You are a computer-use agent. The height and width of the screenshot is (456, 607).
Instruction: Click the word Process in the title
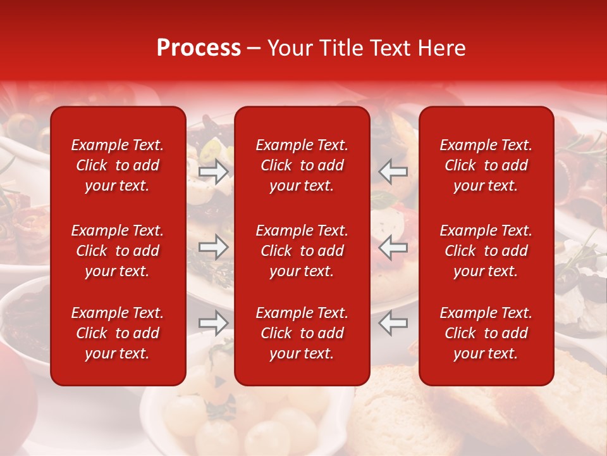tap(199, 48)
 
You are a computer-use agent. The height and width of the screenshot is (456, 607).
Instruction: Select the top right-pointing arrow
tap(214, 171)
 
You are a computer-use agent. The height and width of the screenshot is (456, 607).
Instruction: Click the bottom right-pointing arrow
tap(214, 323)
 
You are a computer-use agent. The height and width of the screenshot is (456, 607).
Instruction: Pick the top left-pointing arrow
tap(393, 171)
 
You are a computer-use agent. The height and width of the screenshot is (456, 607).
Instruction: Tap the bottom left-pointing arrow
tap(393, 323)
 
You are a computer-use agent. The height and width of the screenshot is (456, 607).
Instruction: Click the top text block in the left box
tap(118, 165)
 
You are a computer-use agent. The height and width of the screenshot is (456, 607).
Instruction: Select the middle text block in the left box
tap(118, 251)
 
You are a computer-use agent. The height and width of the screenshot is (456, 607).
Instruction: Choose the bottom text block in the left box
tap(118, 333)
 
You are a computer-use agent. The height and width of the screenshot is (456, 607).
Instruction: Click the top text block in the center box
tap(302, 165)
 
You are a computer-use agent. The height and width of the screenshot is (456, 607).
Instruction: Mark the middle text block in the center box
tap(302, 251)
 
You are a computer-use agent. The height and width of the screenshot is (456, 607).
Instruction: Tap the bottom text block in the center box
tap(302, 333)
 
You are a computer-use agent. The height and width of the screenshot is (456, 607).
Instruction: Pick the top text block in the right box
tap(486, 165)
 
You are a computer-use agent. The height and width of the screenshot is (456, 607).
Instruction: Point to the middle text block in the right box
tap(486, 251)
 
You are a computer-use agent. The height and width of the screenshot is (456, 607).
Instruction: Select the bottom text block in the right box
tap(486, 333)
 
